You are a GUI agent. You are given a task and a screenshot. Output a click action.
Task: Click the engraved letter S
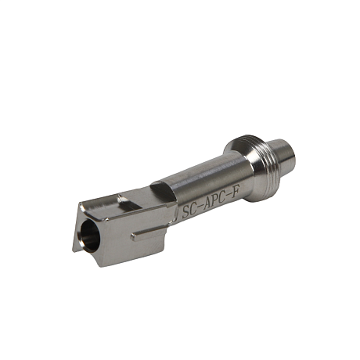tap(185, 212)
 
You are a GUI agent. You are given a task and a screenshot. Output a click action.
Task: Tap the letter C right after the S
tap(193, 209)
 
